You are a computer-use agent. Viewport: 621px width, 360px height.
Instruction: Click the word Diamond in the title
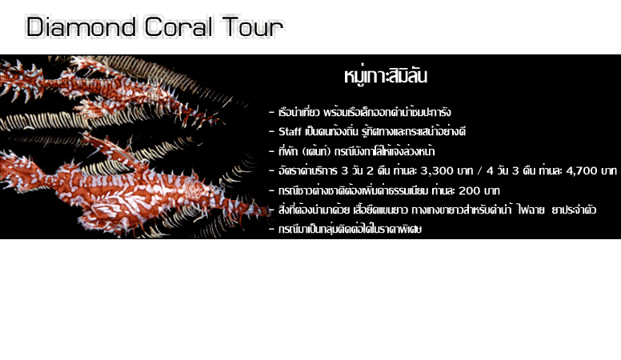tap(81, 27)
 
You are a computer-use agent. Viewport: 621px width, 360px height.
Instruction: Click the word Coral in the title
tap(178, 27)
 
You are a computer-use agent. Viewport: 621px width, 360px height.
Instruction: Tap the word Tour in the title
tap(252, 27)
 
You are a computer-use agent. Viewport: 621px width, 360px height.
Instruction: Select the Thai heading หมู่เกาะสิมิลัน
tap(386, 76)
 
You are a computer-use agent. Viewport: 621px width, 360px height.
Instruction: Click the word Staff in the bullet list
tap(290, 131)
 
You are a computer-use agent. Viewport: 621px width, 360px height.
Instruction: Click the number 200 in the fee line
tap(469, 190)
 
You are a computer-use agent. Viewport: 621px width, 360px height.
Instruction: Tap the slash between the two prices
tap(479, 171)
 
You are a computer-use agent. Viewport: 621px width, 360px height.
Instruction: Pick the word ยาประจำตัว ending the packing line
tap(574, 210)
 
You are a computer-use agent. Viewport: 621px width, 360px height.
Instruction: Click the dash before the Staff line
tap(271, 131)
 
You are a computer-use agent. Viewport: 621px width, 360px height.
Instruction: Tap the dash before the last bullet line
tap(271, 230)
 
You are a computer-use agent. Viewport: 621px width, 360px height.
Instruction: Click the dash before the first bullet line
tap(271, 113)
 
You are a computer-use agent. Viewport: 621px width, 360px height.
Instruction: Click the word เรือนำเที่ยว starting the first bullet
tap(299, 112)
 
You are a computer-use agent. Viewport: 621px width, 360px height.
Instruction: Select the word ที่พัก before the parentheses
tap(288, 151)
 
